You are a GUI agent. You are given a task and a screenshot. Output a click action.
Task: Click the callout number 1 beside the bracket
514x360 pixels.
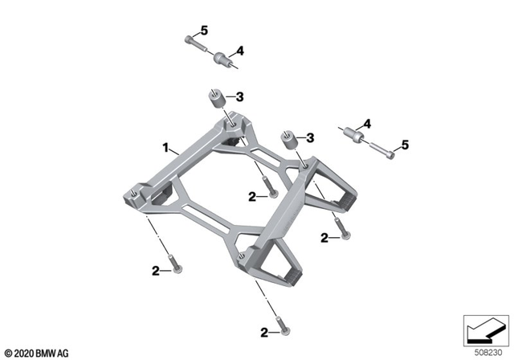point(165,149)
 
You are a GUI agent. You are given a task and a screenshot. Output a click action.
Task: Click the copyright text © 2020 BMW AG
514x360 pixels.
point(36,351)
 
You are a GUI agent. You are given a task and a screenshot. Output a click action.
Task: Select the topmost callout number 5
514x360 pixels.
point(204,31)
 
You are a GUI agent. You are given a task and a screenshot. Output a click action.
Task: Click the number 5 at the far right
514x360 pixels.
point(406,145)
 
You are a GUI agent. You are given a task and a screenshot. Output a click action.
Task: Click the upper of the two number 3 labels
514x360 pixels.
point(239,97)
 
